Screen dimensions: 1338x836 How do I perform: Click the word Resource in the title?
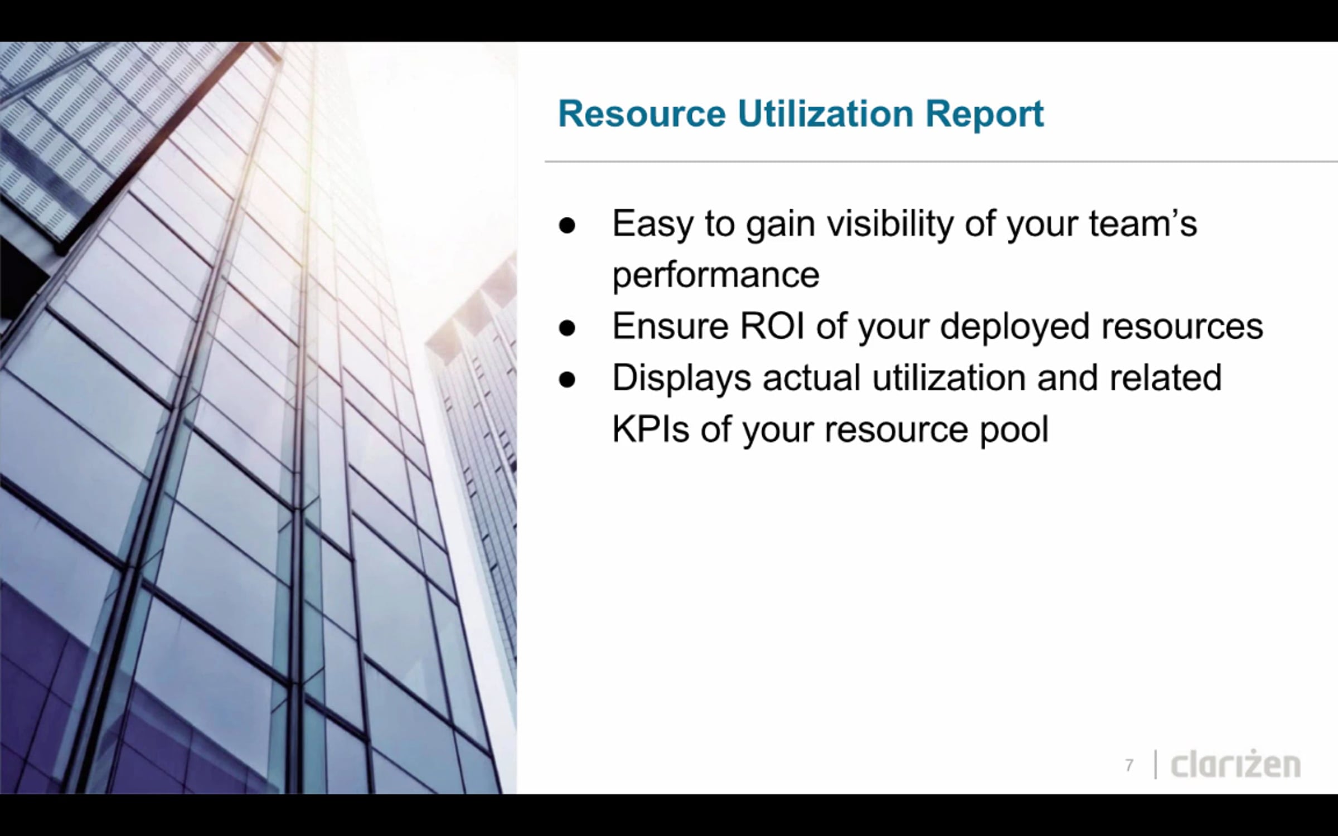point(642,114)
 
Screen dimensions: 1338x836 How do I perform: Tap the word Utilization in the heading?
point(826,114)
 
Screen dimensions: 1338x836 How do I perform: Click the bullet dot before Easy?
point(567,226)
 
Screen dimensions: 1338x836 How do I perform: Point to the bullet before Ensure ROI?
point(567,328)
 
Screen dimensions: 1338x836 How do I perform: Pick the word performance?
point(716,276)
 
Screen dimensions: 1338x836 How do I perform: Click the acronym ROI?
point(772,325)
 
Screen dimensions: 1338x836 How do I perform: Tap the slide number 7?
point(1129,766)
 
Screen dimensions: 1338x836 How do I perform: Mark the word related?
point(1165,378)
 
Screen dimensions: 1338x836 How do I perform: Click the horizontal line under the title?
point(941,162)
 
